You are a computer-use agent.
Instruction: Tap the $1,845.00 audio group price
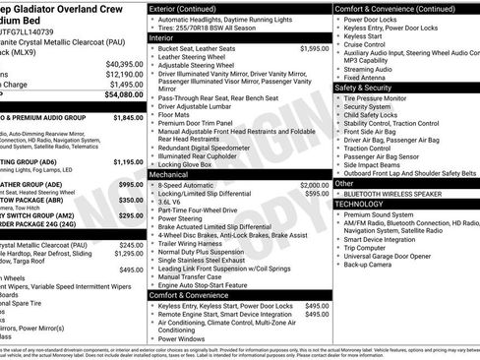coord(128,117)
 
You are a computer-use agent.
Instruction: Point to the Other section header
coord(344,183)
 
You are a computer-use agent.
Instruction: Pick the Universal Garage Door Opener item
coord(392,255)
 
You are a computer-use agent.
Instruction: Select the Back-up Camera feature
coord(371,265)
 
